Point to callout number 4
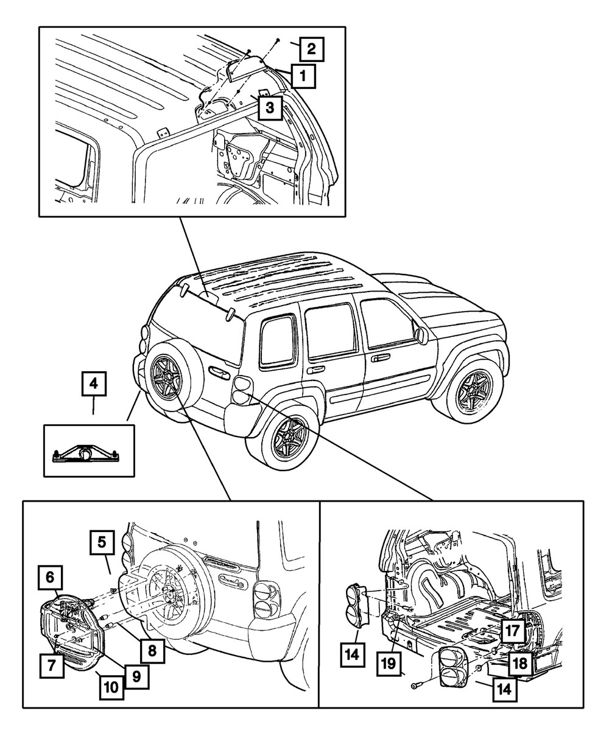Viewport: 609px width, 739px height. pyautogui.click(x=93, y=385)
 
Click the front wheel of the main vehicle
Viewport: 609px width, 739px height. pyautogui.click(x=473, y=387)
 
